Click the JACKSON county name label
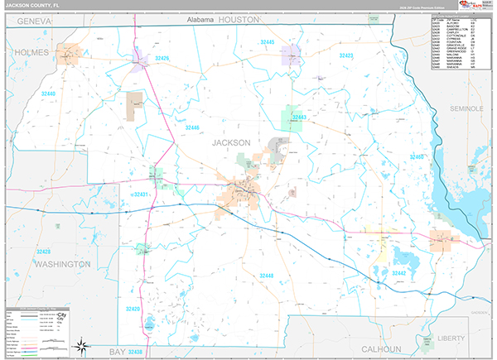click(x=231, y=142)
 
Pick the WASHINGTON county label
click(x=62, y=263)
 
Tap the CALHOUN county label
click(x=381, y=349)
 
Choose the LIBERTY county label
click(x=451, y=338)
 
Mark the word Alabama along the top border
click(x=200, y=19)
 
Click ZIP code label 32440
click(x=46, y=94)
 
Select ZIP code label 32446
click(x=192, y=127)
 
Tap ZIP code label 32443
click(x=299, y=118)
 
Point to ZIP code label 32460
click(x=416, y=156)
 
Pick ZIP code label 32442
click(x=399, y=273)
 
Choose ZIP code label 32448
click(x=267, y=275)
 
